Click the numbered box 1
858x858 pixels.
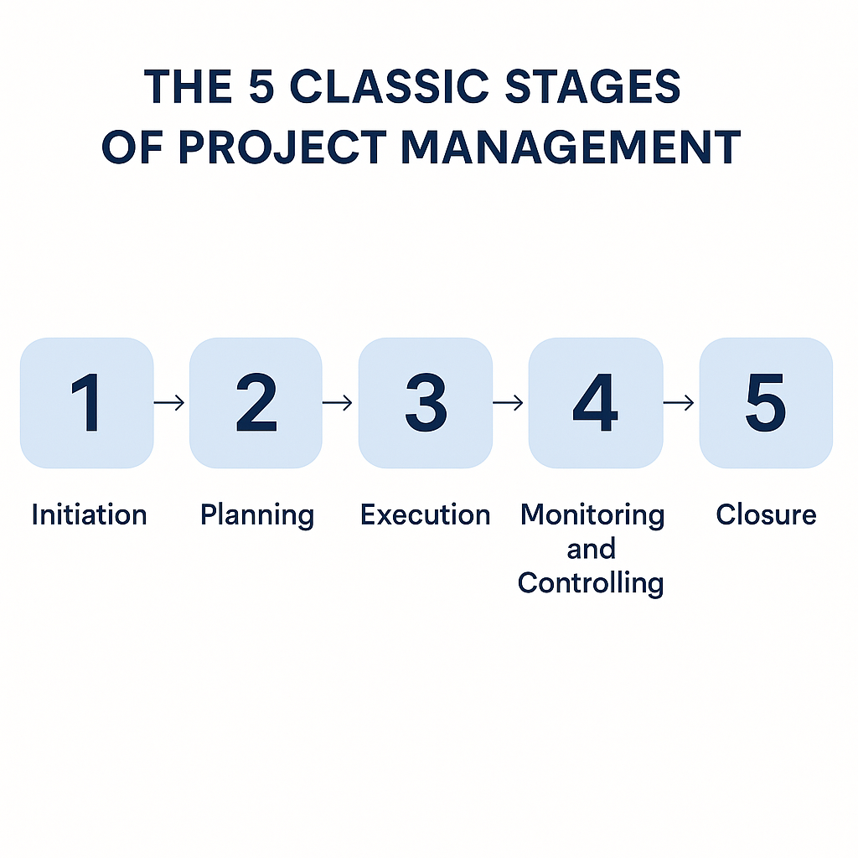coord(87,403)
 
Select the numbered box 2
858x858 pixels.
coord(256,403)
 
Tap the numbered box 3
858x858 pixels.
coord(425,403)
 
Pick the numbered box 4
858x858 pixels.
coord(595,403)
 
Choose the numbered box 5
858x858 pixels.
coord(766,403)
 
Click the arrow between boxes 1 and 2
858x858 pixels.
coord(171,403)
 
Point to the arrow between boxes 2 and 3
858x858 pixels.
coord(339,403)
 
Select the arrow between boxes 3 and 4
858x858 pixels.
coord(509,403)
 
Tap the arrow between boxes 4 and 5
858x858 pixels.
coord(680,403)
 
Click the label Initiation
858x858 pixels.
coord(89,514)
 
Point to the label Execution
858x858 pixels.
coord(425,514)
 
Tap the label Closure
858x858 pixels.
coord(766,514)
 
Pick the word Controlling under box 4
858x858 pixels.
coord(591,582)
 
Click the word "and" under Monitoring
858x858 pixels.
coord(592,549)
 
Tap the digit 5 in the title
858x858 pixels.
coord(260,87)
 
